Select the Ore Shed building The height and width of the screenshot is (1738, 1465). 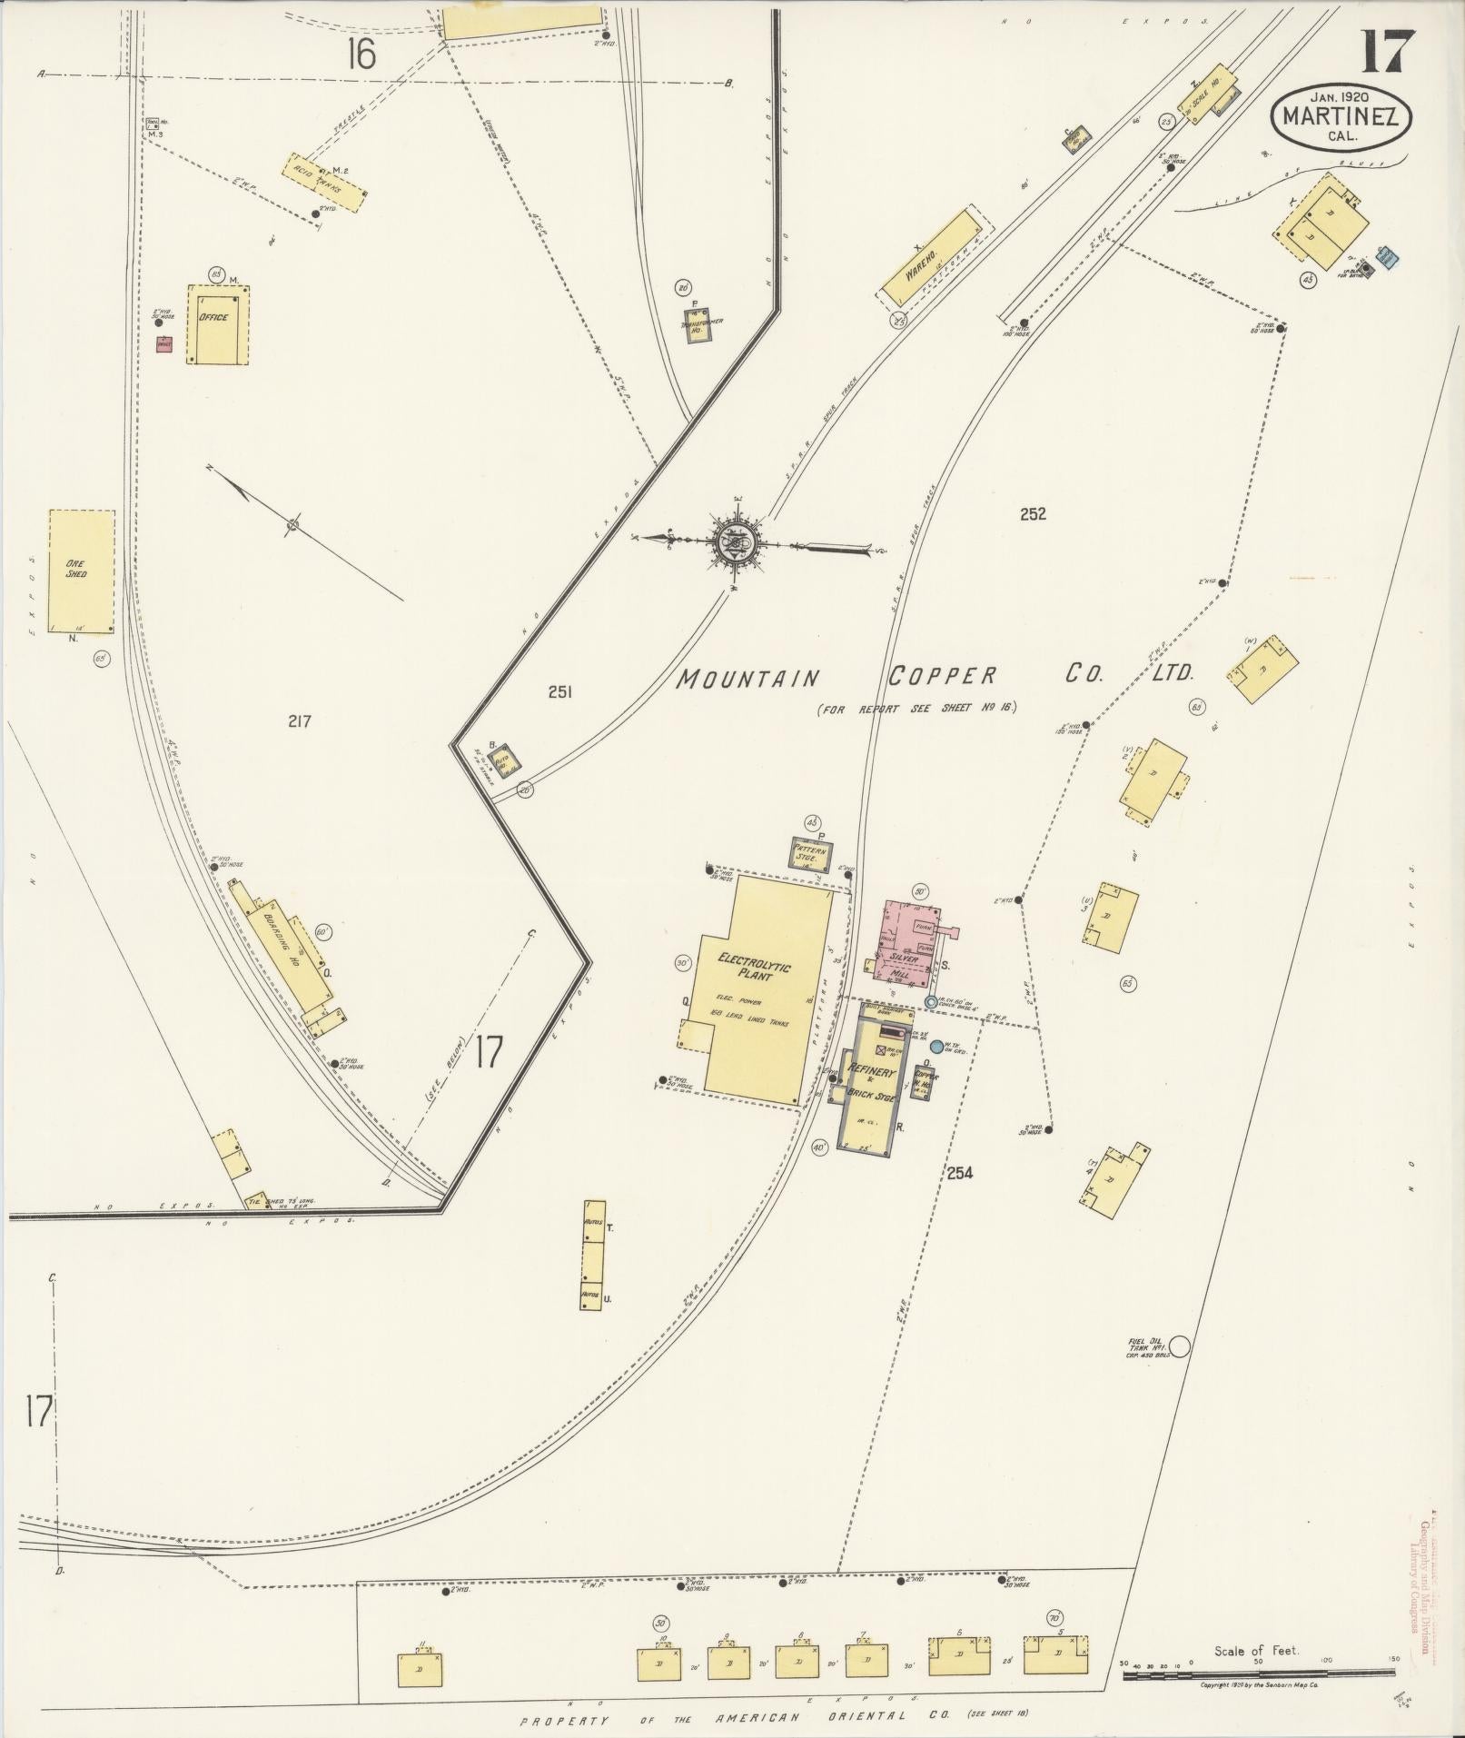(x=81, y=571)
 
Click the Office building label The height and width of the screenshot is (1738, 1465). (x=213, y=318)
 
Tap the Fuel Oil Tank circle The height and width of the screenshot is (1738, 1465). (x=1179, y=1346)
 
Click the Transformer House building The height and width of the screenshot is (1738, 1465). (x=698, y=326)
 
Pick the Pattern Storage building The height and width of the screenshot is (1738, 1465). (x=811, y=853)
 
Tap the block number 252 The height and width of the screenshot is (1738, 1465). (x=1033, y=514)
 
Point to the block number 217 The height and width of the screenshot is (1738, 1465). (x=300, y=721)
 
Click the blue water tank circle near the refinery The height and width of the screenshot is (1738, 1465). (x=936, y=1046)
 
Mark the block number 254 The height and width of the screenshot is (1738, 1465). (x=959, y=1173)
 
